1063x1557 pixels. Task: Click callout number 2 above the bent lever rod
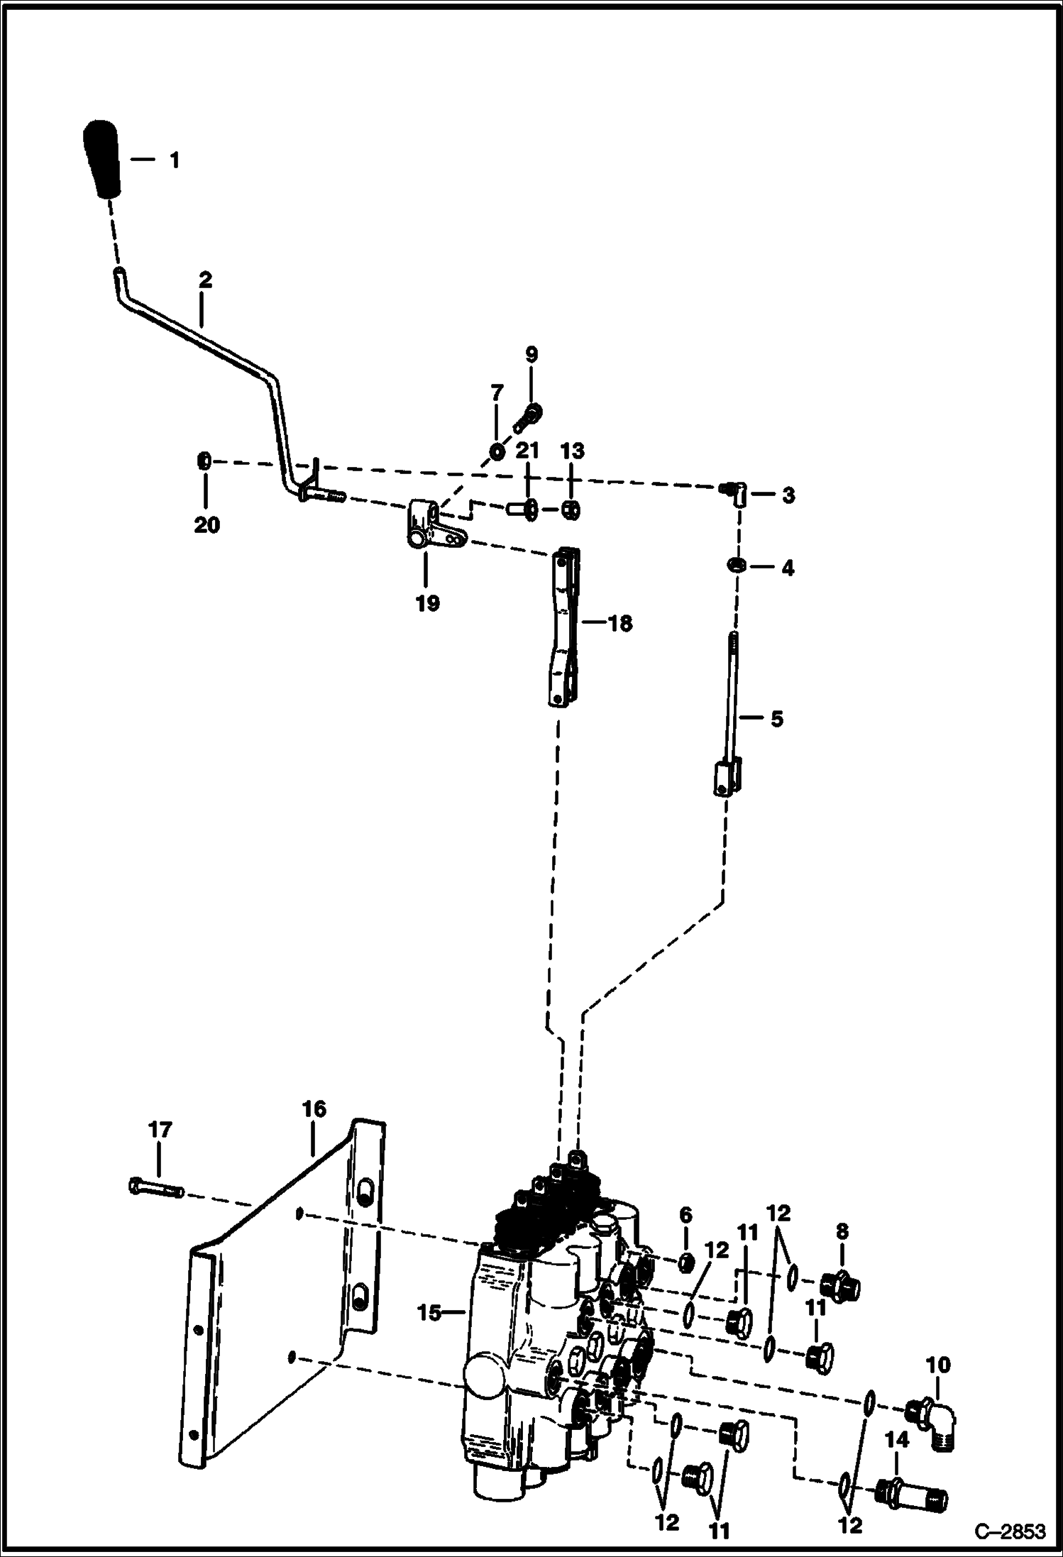coord(205,280)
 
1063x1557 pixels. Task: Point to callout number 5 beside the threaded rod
coord(776,718)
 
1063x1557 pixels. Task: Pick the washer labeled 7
coord(497,451)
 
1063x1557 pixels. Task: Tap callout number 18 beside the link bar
coord(619,624)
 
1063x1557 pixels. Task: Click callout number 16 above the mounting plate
coord(314,1108)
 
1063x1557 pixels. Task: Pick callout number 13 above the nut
coord(572,451)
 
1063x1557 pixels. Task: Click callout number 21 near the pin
coord(527,451)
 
